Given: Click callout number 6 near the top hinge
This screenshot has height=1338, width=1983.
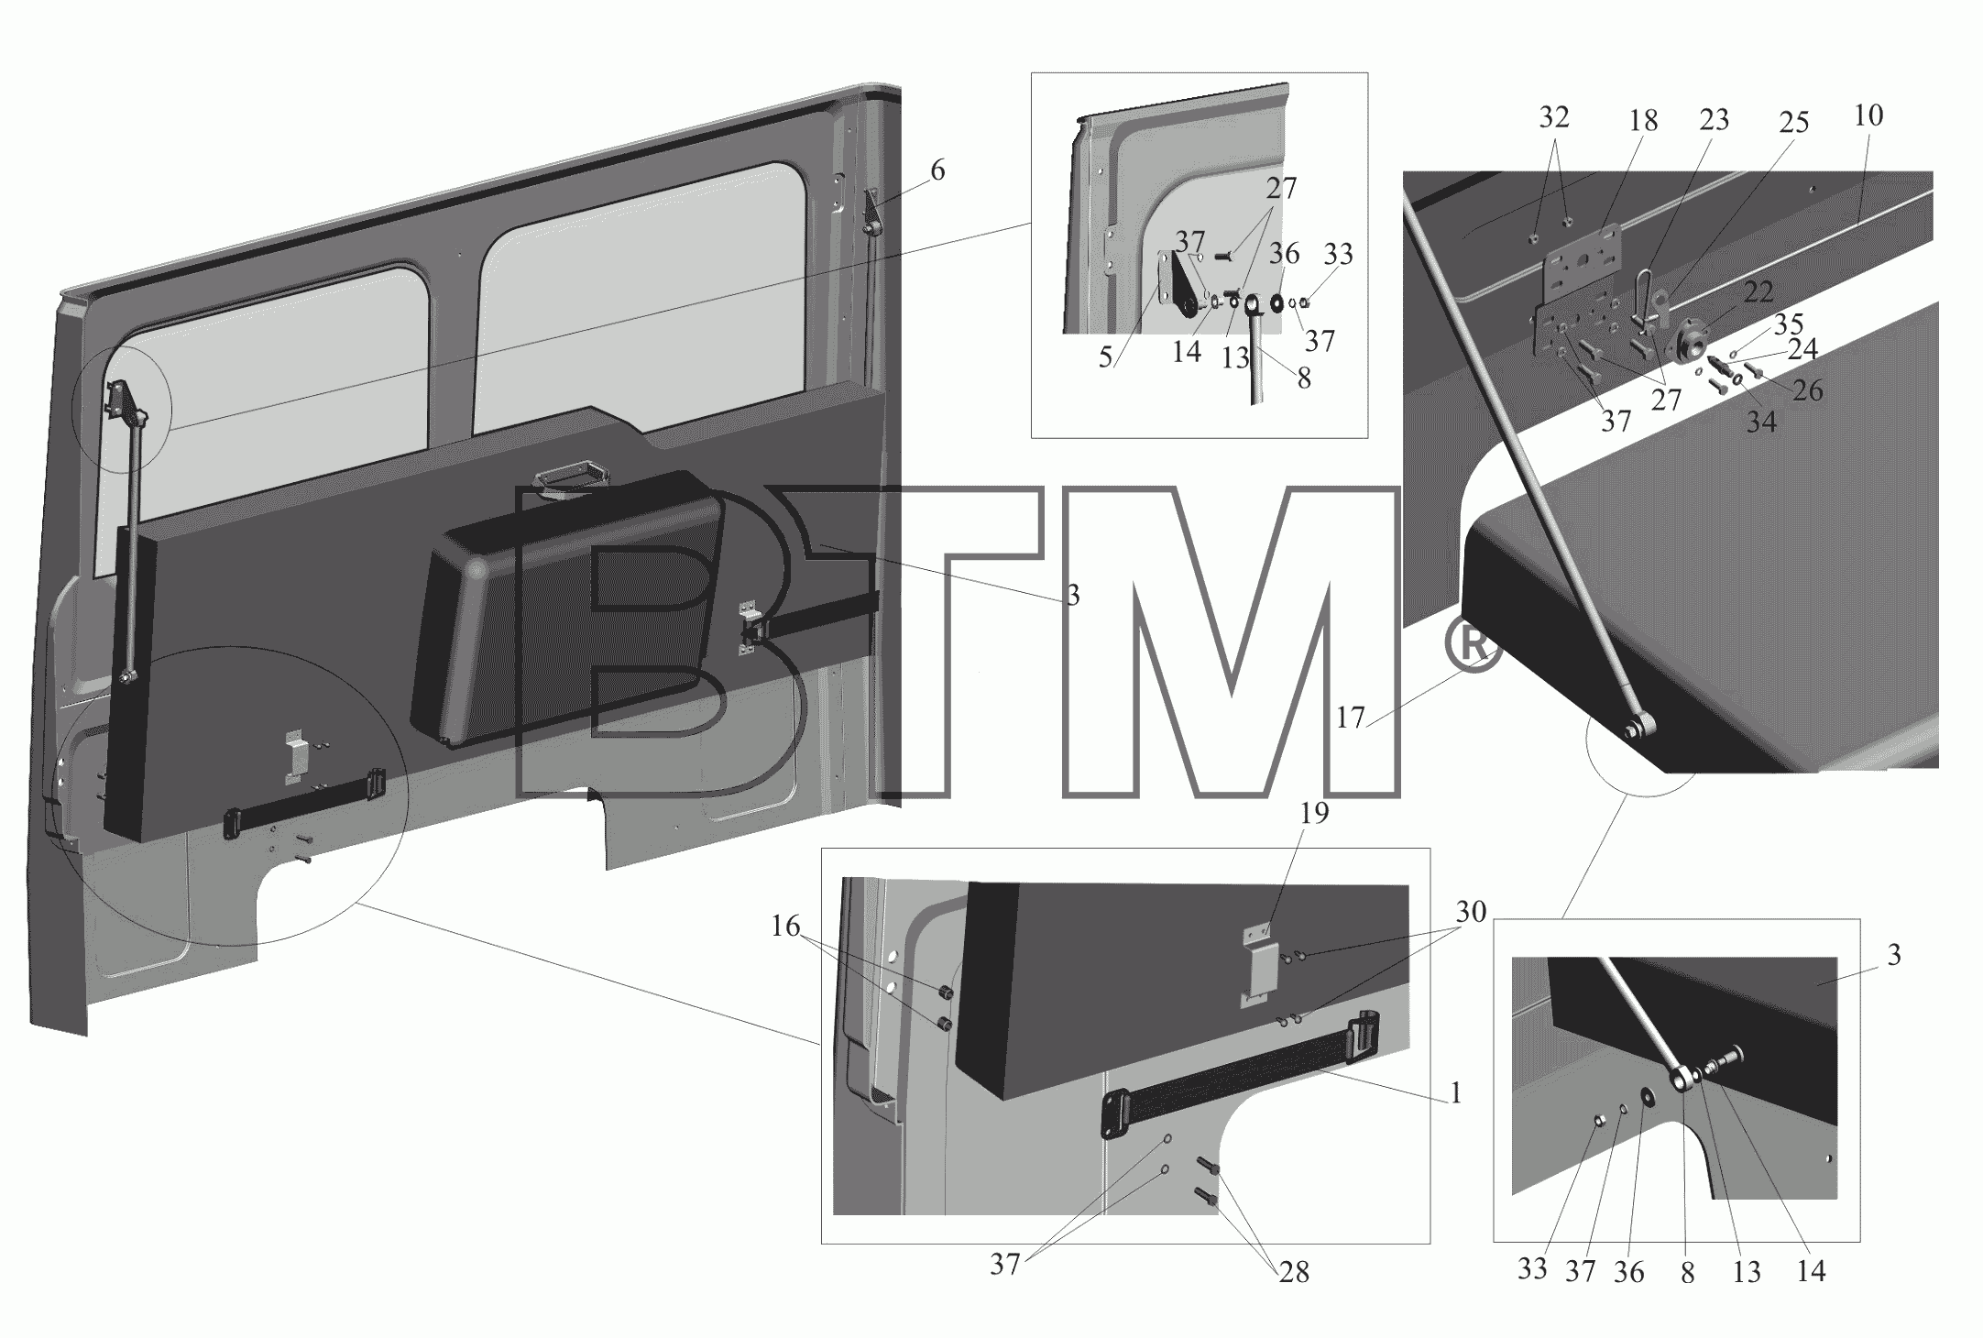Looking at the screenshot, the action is click(937, 170).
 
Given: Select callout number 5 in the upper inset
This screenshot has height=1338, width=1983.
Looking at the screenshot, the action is click(1106, 356).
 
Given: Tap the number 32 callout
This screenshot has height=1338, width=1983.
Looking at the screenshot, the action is click(1554, 116).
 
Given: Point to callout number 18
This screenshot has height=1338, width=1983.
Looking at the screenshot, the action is click(1643, 121).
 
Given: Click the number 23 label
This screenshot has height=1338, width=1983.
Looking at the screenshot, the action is click(1714, 119).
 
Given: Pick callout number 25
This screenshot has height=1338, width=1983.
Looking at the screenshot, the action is click(1793, 123).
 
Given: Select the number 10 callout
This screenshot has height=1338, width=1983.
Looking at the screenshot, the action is click(1868, 115).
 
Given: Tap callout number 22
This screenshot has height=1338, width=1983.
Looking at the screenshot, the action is click(1758, 292).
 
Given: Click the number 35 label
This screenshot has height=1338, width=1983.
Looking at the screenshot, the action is click(1788, 324).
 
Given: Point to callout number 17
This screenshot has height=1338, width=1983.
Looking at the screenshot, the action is click(1351, 718).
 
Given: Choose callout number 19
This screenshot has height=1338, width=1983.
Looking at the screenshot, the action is click(1314, 813).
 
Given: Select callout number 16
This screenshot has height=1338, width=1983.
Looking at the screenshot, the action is click(785, 927).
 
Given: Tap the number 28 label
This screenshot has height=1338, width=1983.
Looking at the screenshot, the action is click(1293, 1272).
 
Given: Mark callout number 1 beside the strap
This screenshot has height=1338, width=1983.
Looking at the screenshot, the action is click(1455, 1093).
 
